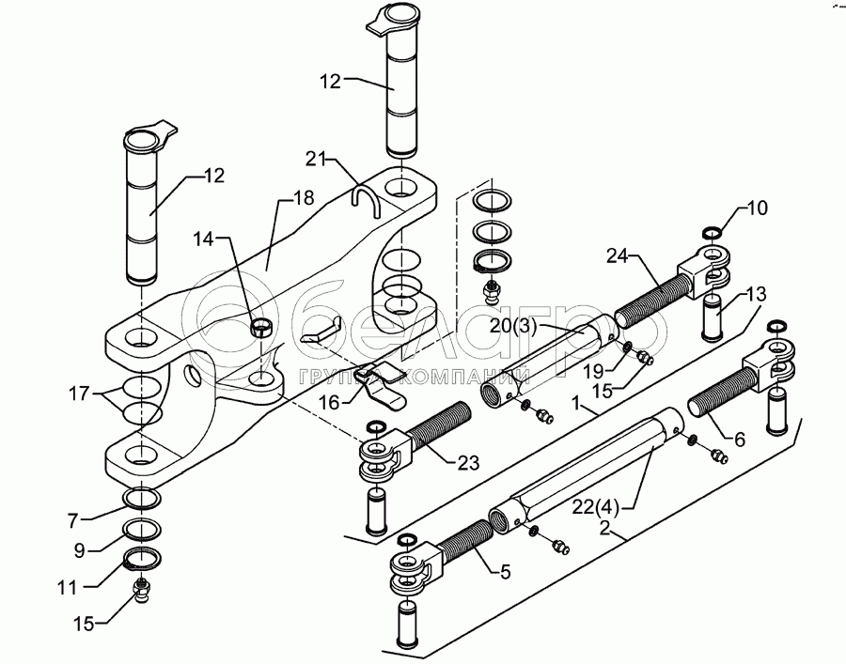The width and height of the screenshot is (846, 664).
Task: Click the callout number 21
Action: pos(317,159)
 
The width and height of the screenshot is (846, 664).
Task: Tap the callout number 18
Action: pos(304,198)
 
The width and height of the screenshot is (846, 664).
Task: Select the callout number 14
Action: pos(204,239)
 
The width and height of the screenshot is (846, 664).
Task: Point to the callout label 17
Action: pos(79,394)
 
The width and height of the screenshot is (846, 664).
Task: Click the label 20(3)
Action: pos(513,327)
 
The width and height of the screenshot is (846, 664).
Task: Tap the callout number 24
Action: pos(618,256)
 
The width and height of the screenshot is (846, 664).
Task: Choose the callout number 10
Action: pos(758,208)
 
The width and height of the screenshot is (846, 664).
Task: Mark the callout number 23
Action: pos(468,462)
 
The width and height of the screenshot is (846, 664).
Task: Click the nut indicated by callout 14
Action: pos(262,327)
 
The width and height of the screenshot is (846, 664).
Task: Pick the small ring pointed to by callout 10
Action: pos(713,233)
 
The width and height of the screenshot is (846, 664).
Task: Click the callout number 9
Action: pos(79,550)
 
